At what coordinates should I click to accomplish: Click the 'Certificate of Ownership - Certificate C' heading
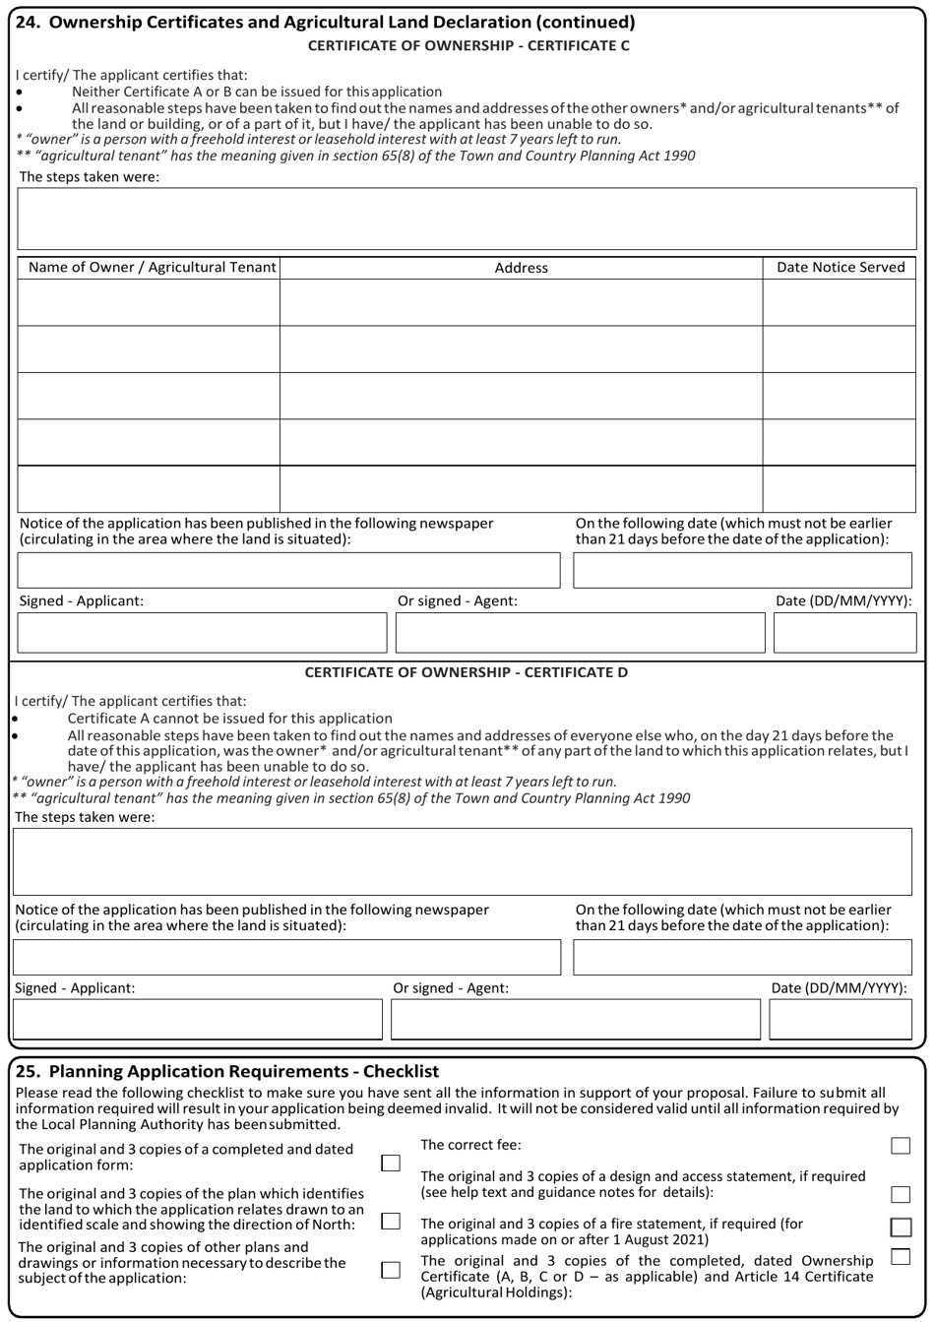pyautogui.click(x=468, y=45)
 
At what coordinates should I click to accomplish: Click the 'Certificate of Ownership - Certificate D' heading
pyautogui.click(x=466, y=672)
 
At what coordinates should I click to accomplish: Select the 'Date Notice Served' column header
pyautogui.click(x=841, y=268)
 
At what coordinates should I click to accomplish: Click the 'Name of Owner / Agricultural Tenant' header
pyautogui.click(x=149, y=268)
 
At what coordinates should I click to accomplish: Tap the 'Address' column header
pyautogui.click(x=521, y=268)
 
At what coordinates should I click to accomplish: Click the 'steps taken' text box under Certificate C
pyautogui.click(x=467, y=219)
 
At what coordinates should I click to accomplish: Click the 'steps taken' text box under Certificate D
pyautogui.click(x=463, y=861)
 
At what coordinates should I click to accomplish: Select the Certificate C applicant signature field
pyautogui.click(x=202, y=633)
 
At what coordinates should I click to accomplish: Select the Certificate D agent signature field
pyautogui.click(x=576, y=1020)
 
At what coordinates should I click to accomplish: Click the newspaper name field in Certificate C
pyautogui.click(x=288, y=570)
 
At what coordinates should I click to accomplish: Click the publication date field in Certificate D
pyautogui.click(x=742, y=957)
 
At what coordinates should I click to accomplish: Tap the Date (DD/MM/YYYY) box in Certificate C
pyautogui.click(x=844, y=633)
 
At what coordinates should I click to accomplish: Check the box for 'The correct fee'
pyautogui.click(x=900, y=1146)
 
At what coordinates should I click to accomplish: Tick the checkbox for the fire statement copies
pyautogui.click(x=900, y=1228)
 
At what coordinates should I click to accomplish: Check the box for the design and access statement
pyautogui.click(x=900, y=1194)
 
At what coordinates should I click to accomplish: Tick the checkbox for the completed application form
pyautogui.click(x=391, y=1164)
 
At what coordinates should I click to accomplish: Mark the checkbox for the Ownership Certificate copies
pyautogui.click(x=900, y=1257)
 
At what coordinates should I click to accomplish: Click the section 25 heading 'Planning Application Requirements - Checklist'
pyautogui.click(x=228, y=1071)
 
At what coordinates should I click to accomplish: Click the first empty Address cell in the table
pyautogui.click(x=521, y=302)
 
